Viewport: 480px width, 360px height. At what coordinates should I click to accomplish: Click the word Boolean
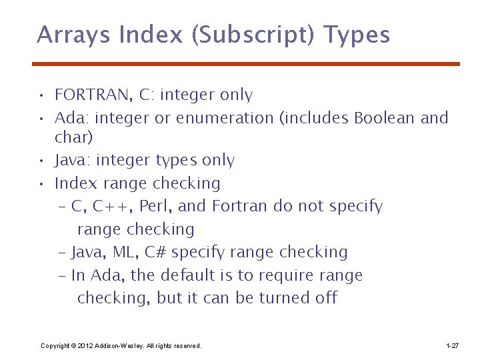tap(385, 119)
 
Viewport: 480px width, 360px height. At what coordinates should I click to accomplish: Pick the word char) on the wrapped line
tap(73, 138)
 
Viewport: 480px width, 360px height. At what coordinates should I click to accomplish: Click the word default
tap(200, 275)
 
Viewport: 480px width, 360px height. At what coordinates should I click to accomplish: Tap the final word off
tap(326, 298)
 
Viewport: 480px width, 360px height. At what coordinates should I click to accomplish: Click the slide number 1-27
tap(451, 346)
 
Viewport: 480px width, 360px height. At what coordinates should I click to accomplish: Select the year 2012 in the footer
tap(85, 346)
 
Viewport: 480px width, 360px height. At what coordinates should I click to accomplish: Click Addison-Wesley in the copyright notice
tap(119, 346)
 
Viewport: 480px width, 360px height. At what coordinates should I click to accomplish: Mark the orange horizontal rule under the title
tap(246, 64)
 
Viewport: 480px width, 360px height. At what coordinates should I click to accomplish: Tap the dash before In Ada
tap(62, 276)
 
